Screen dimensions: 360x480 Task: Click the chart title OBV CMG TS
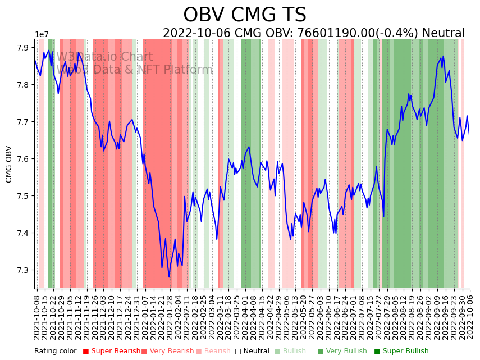point(245,15)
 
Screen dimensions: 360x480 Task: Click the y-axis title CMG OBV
point(9,164)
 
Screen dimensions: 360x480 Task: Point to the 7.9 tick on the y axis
point(24,48)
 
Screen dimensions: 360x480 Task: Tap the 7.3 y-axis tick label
point(24,270)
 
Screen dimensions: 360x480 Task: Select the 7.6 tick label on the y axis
point(24,159)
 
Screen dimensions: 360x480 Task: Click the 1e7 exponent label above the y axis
point(42,35)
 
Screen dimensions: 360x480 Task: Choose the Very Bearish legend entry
point(167,351)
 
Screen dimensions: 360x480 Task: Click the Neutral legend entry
point(252,351)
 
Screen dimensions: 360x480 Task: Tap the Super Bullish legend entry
point(401,351)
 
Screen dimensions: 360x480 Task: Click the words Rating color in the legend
point(55,351)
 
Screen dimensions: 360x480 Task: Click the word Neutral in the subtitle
point(444,34)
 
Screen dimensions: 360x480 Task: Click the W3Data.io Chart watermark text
point(104,57)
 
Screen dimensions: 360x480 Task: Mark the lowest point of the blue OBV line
point(169,276)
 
